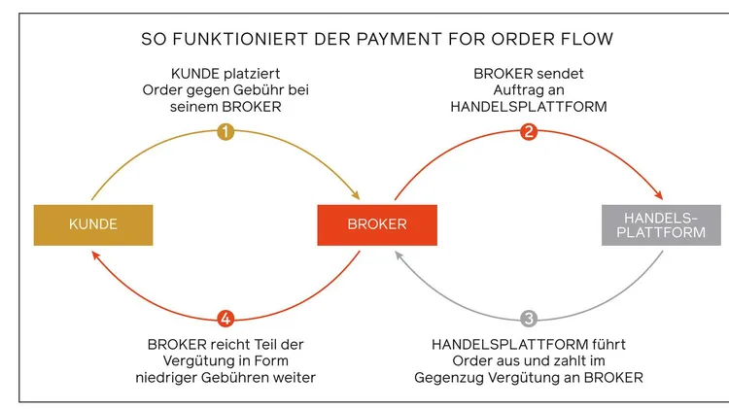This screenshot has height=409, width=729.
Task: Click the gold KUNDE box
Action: (93, 224)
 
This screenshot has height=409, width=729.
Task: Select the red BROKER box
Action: (377, 224)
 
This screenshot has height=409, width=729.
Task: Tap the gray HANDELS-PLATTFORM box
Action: (662, 224)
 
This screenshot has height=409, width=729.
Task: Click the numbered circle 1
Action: (226, 132)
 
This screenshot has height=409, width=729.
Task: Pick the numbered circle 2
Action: (529, 132)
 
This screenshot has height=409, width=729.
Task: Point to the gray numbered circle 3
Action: (529, 318)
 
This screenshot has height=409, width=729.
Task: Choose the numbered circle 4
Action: (226, 318)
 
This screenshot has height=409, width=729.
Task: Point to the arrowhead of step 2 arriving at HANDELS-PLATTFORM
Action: (660, 195)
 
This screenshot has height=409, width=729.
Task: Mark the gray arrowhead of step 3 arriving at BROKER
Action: (399, 254)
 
